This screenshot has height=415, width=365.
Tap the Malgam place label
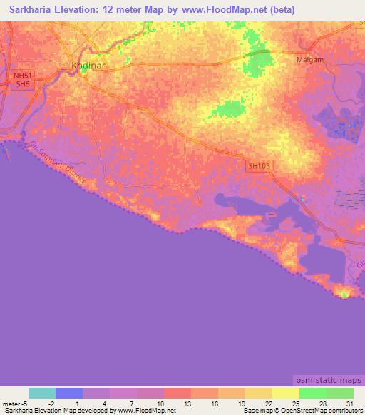coord(311,61)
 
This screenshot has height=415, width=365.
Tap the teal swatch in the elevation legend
coord(42,393)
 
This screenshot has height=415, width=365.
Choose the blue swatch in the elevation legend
coord(69,393)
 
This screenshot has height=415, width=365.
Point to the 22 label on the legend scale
coord(267,403)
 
